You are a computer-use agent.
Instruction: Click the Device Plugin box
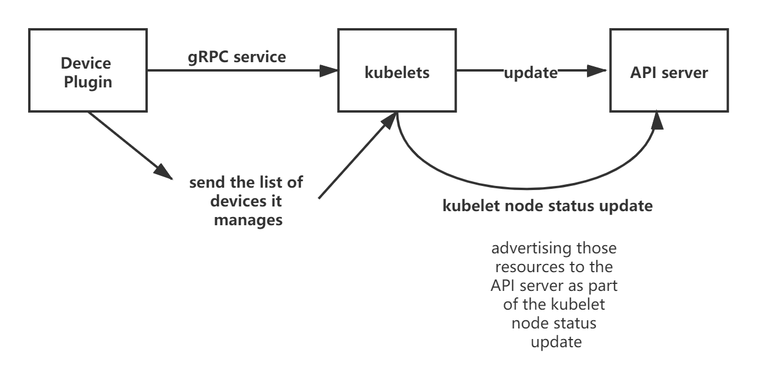point(88,71)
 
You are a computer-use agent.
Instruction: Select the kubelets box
point(397,71)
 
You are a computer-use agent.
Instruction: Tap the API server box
point(669,71)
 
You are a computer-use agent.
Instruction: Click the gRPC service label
point(236,56)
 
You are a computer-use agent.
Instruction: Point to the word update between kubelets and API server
point(531,73)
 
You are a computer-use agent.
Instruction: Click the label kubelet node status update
point(546,206)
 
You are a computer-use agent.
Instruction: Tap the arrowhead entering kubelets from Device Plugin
point(330,71)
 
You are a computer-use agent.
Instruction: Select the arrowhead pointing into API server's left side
point(598,71)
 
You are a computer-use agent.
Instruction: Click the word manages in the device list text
point(248,220)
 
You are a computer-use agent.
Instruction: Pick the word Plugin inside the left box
point(88,82)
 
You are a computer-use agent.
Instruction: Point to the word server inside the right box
point(687,73)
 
